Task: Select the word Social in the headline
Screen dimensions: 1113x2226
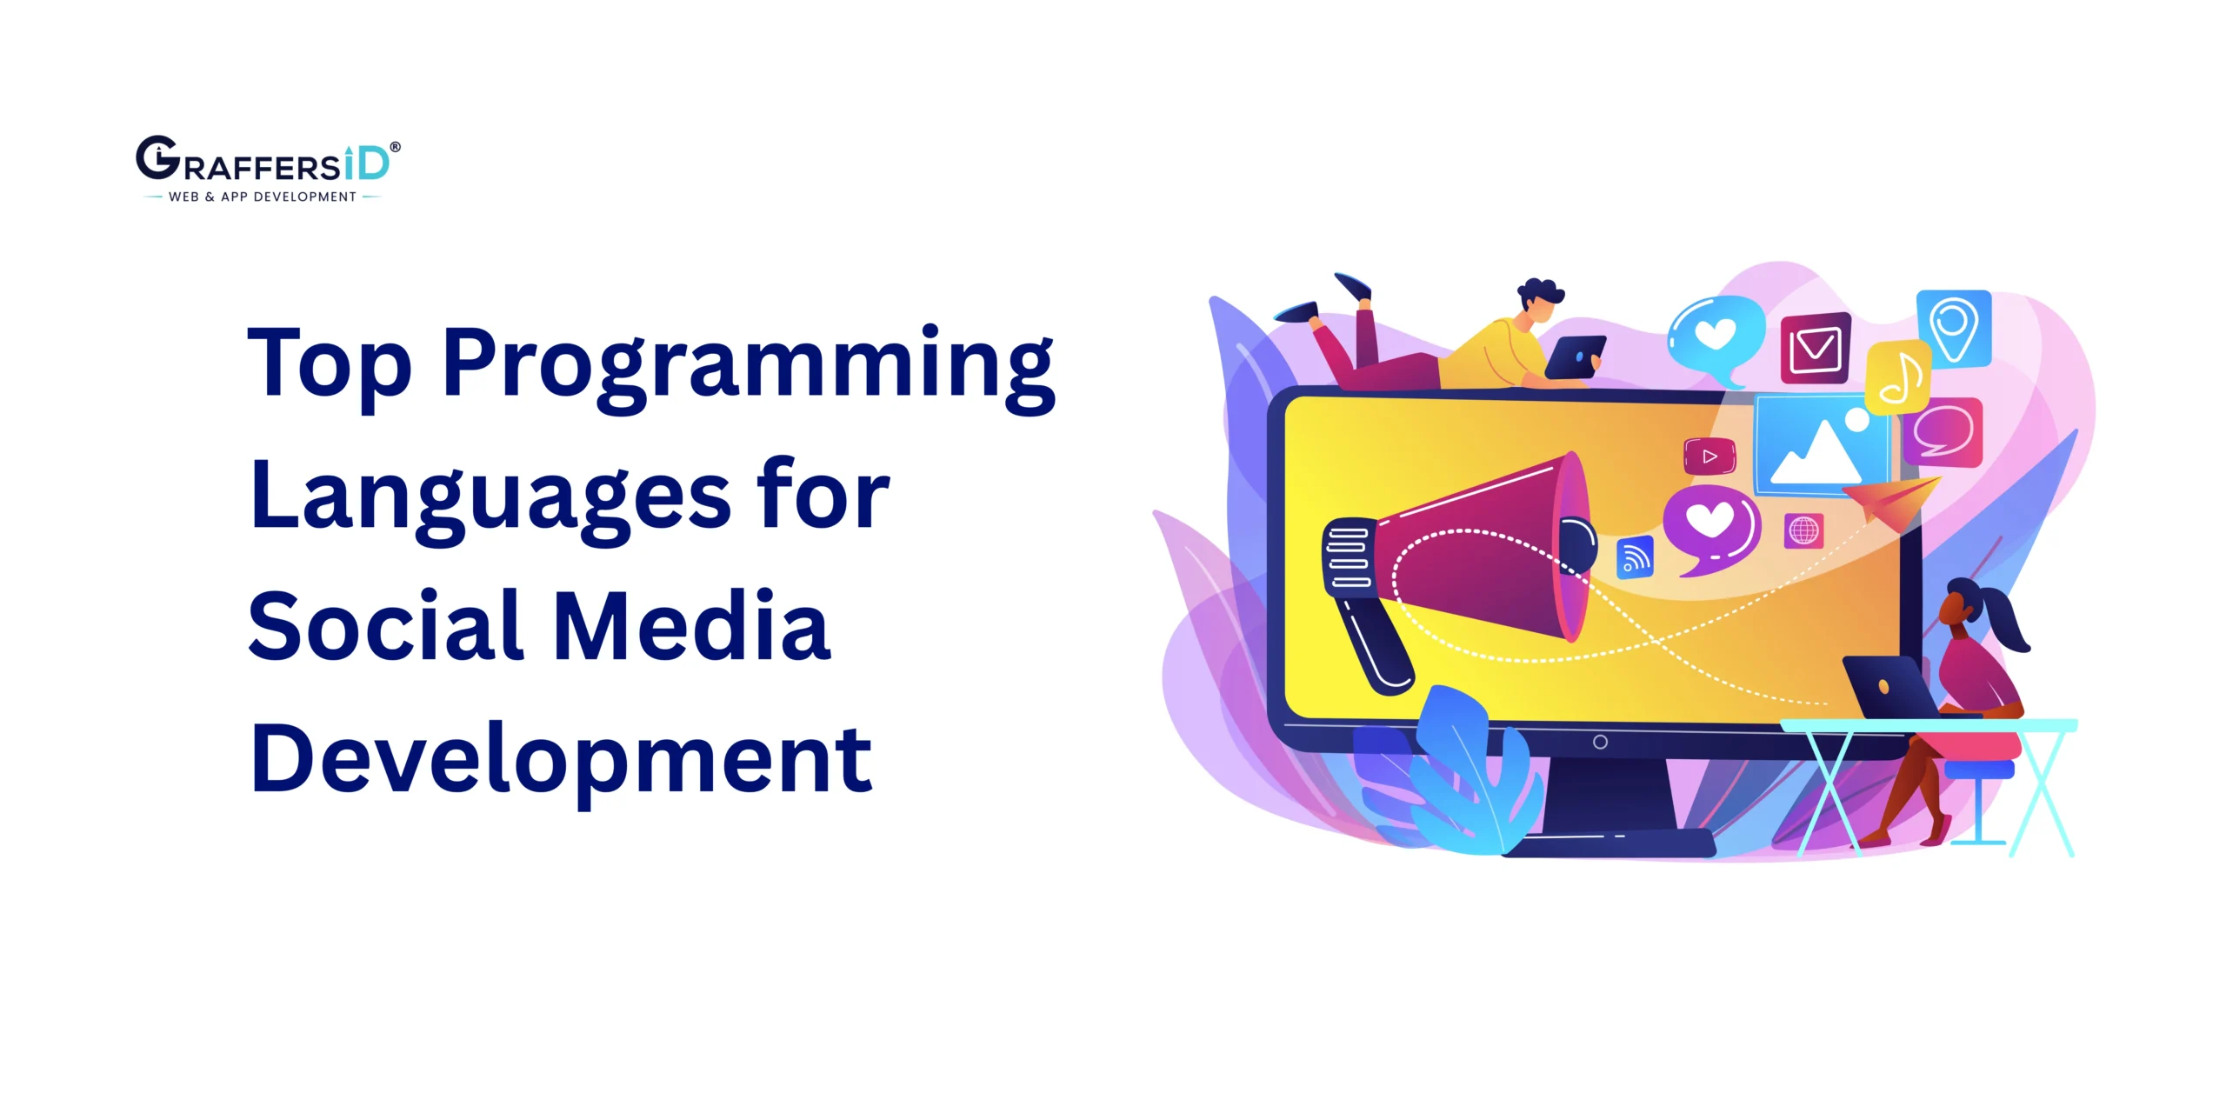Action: (x=386, y=626)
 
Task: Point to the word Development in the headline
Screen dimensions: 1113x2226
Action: (x=561, y=760)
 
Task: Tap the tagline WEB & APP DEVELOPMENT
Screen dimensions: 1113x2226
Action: (x=262, y=197)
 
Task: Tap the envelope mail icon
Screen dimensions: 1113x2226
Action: (x=1815, y=348)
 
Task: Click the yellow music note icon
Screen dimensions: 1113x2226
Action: (x=1899, y=378)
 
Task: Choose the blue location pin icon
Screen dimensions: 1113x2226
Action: (x=1954, y=328)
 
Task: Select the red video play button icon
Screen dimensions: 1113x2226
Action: (x=1709, y=457)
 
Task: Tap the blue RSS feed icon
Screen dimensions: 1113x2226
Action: (x=1635, y=558)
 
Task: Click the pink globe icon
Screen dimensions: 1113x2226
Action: (x=1803, y=530)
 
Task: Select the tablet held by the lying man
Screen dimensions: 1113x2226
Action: (x=1576, y=357)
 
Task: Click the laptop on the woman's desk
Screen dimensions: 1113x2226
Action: (x=1887, y=687)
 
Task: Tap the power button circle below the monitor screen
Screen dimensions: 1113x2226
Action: (x=1600, y=742)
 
